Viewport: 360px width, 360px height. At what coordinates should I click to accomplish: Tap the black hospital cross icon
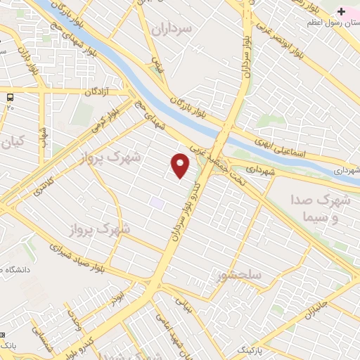click(x=342, y=12)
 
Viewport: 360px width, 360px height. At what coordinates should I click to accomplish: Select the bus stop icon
click(x=10, y=97)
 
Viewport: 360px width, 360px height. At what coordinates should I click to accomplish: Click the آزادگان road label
click(x=98, y=92)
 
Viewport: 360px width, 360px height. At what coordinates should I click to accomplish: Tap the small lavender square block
click(x=157, y=202)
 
